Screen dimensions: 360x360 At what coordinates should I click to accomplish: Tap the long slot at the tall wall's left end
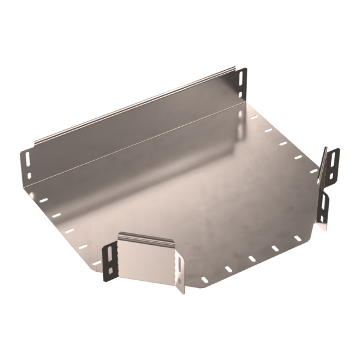[x=27, y=159]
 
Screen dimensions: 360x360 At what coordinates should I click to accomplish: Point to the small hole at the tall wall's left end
[x=28, y=175]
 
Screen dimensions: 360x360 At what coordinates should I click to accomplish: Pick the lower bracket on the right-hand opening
[x=324, y=207]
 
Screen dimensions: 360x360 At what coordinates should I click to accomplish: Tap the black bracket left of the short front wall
[x=109, y=261]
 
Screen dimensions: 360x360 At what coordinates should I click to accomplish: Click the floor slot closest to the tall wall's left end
[x=43, y=200]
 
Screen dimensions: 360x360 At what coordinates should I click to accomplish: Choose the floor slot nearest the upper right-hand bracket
[x=313, y=170]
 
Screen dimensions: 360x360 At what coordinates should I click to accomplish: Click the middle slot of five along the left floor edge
[x=69, y=230]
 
